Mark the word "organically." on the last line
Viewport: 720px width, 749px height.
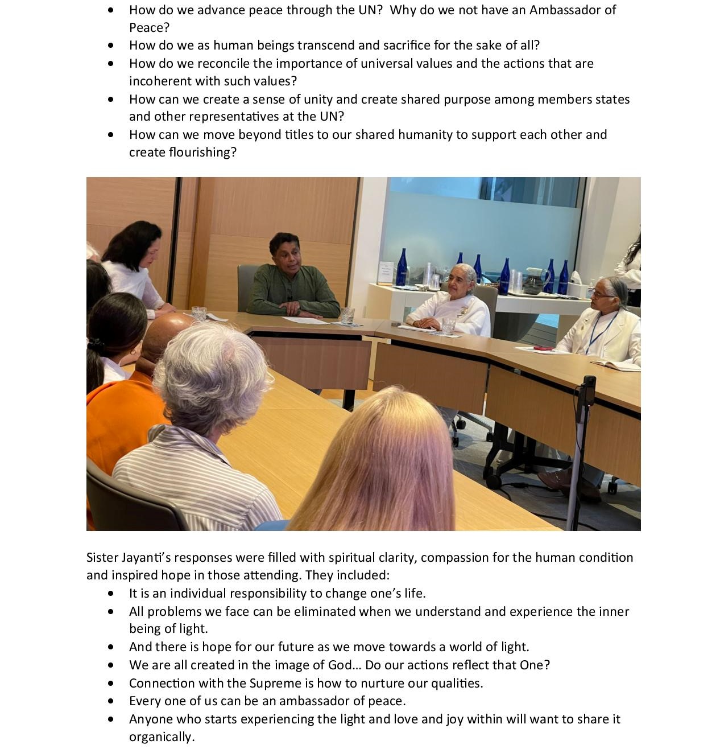162,736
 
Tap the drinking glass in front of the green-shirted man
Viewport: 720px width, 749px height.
347,316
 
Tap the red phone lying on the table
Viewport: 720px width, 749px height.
543,348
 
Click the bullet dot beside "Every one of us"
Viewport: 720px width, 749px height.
110,701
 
